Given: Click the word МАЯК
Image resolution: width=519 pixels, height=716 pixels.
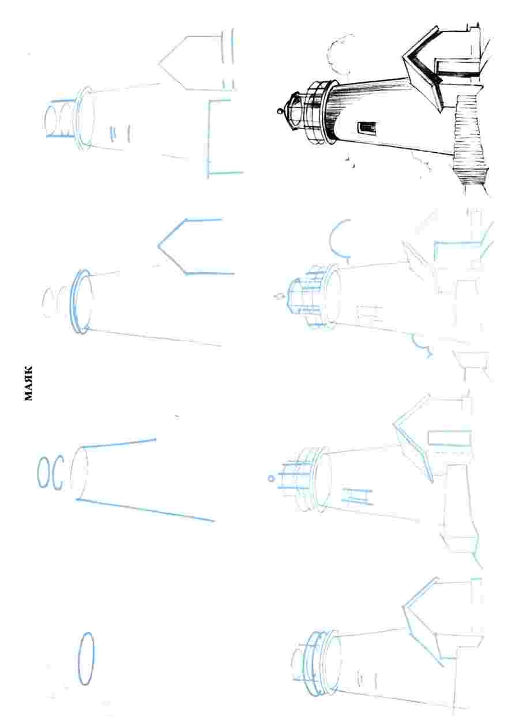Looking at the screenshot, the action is [x=28, y=383].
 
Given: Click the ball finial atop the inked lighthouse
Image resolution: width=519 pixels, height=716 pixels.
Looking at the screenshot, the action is [x=280, y=112].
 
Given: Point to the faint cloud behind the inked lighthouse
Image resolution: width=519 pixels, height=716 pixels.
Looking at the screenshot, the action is [x=339, y=54].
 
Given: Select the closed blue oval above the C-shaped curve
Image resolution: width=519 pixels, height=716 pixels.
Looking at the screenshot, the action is [x=44, y=472].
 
